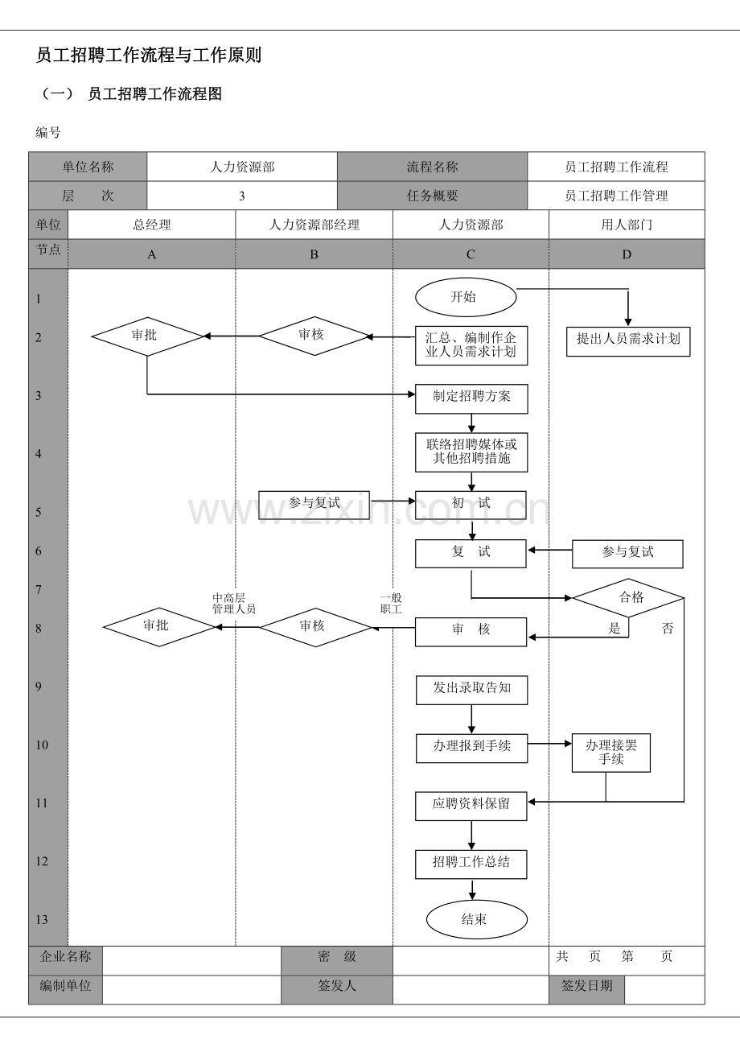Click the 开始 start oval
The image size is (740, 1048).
466,298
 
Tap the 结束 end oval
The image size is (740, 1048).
476,919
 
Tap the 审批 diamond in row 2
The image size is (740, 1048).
147,336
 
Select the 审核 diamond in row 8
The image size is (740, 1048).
314,627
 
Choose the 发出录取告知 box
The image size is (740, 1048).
471,689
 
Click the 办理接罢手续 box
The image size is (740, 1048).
610,753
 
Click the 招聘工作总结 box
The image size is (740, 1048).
471,863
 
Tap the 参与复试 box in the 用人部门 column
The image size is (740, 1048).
627,553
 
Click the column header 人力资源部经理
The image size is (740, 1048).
314,225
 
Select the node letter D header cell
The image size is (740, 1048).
627,254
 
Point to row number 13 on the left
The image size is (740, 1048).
42,919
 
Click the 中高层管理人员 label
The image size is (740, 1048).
233,604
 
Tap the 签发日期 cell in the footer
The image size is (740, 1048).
586,986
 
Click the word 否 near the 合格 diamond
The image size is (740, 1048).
668,629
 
